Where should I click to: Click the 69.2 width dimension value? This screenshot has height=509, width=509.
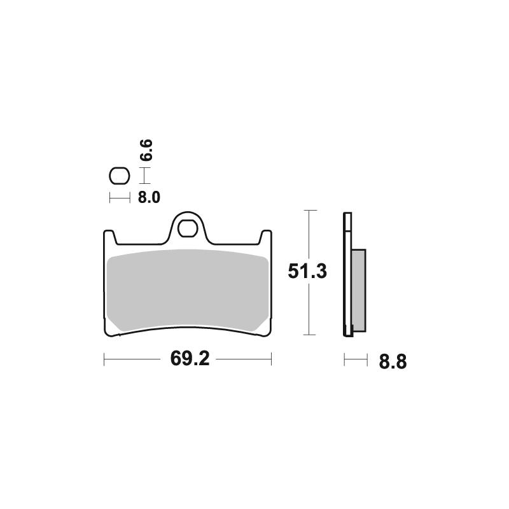pos(189,359)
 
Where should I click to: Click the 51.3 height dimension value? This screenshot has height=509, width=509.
pos(307,272)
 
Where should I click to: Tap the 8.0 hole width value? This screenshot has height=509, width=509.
pos(148,197)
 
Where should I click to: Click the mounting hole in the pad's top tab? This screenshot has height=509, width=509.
pos(188,227)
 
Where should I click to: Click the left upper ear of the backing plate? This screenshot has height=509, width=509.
pos(109,237)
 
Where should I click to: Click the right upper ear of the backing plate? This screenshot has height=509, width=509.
pos(267,237)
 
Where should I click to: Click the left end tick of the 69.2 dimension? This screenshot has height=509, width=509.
pos(104,360)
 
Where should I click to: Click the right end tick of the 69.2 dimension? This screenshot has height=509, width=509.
pos(272,360)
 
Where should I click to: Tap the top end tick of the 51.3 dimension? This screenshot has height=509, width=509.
pos(309,211)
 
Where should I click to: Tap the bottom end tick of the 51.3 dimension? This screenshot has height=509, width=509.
pos(309,335)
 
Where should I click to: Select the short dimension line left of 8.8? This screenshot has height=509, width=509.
pos(356,361)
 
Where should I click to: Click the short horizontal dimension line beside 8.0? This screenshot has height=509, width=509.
pos(119,198)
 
